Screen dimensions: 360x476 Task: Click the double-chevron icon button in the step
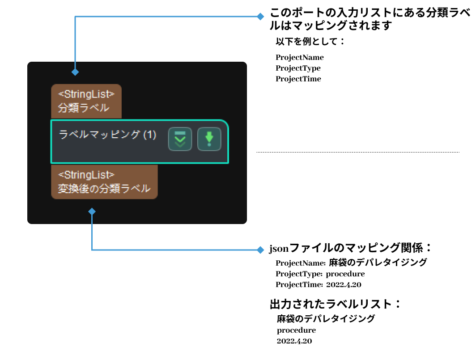(x=180, y=139)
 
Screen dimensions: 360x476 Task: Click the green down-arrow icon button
(x=209, y=139)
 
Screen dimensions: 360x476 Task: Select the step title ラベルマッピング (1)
(x=108, y=135)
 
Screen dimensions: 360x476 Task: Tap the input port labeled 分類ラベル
(x=86, y=101)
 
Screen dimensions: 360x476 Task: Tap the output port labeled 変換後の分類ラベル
(x=104, y=182)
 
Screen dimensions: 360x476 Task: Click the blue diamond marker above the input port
(x=75, y=72)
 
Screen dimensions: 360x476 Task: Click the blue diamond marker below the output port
(x=92, y=211)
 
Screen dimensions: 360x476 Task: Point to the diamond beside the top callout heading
(x=260, y=17)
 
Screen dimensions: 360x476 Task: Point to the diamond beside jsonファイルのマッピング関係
(x=260, y=250)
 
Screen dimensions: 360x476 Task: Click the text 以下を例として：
(x=310, y=42)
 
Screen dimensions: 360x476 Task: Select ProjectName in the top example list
(x=299, y=57)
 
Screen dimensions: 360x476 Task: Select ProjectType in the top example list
(x=298, y=68)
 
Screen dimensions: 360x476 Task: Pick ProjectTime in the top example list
(x=298, y=79)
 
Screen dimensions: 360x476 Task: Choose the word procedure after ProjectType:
(x=345, y=274)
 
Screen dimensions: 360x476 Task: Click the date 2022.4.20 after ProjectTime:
(x=344, y=284)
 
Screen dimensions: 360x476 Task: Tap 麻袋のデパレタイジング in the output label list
(x=326, y=319)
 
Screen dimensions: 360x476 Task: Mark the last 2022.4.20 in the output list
(x=294, y=341)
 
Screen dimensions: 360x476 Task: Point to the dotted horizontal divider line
(x=358, y=152)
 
